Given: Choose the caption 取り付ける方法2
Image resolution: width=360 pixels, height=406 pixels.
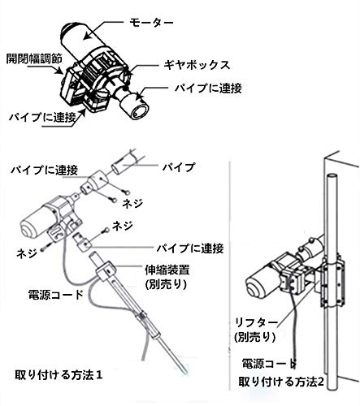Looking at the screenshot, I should point(276,381).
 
